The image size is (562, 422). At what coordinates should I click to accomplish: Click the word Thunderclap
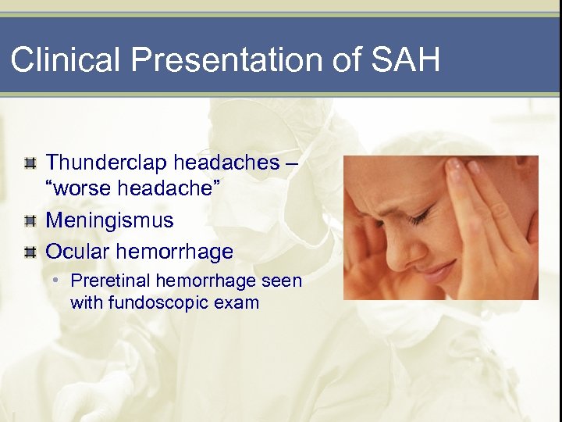point(107,163)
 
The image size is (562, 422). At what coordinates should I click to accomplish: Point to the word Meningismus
point(109,221)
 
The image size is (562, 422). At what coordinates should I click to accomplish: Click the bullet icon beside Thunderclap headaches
point(30,163)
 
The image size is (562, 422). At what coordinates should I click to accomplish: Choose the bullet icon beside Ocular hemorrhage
point(30,252)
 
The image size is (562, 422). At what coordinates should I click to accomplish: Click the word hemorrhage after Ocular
point(176,251)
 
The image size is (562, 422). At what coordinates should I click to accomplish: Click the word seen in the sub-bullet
point(284,281)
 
